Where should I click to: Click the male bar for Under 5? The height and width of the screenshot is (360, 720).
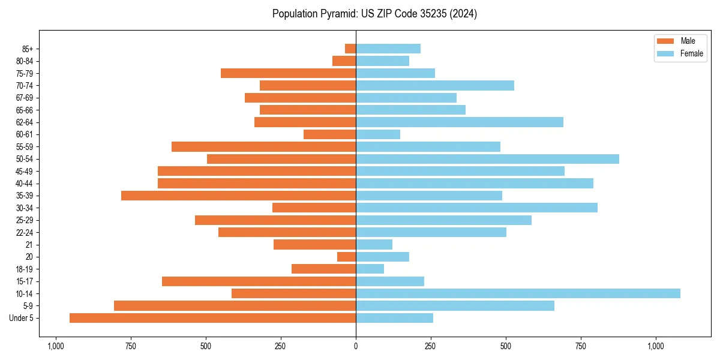pos(212,318)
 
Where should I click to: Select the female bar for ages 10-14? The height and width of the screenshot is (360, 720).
pos(518,293)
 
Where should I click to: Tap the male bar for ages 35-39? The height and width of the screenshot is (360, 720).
pos(238,196)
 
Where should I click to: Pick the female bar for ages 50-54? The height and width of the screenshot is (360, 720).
pos(487,159)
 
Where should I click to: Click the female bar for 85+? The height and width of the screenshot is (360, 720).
pos(388,49)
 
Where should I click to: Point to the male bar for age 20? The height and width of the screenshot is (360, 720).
pos(346,257)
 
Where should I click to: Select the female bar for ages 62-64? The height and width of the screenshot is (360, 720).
pos(460,122)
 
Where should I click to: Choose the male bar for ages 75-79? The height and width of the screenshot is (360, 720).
pos(288,73)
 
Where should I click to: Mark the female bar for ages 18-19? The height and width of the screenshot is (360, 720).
pos(370,269)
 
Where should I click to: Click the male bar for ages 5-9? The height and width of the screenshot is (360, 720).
pos(235,306)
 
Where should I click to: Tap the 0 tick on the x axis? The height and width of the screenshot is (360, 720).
pos(356,346)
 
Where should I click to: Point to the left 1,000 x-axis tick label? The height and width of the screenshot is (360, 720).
pos(56,346)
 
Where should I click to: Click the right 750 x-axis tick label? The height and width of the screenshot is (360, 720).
pos(581,346)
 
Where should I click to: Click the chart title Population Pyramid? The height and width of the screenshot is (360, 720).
pos(374,14)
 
